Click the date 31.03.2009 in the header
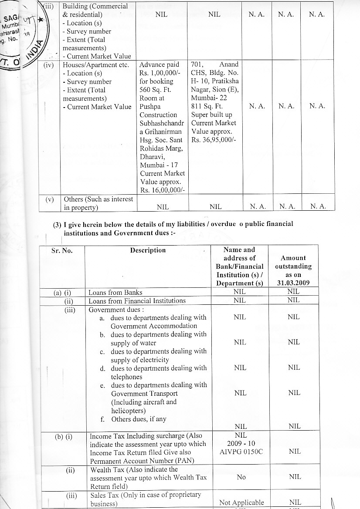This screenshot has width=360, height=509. (293, 283)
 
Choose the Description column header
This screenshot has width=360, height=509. (148, 250)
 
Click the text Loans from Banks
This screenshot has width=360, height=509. (115, 292)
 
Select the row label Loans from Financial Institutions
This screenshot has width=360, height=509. (137, 300)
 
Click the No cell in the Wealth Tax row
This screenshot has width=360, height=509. (241, 477)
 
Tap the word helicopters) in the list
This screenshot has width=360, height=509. (129, 411)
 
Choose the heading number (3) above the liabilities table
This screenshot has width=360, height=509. (57, 224)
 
